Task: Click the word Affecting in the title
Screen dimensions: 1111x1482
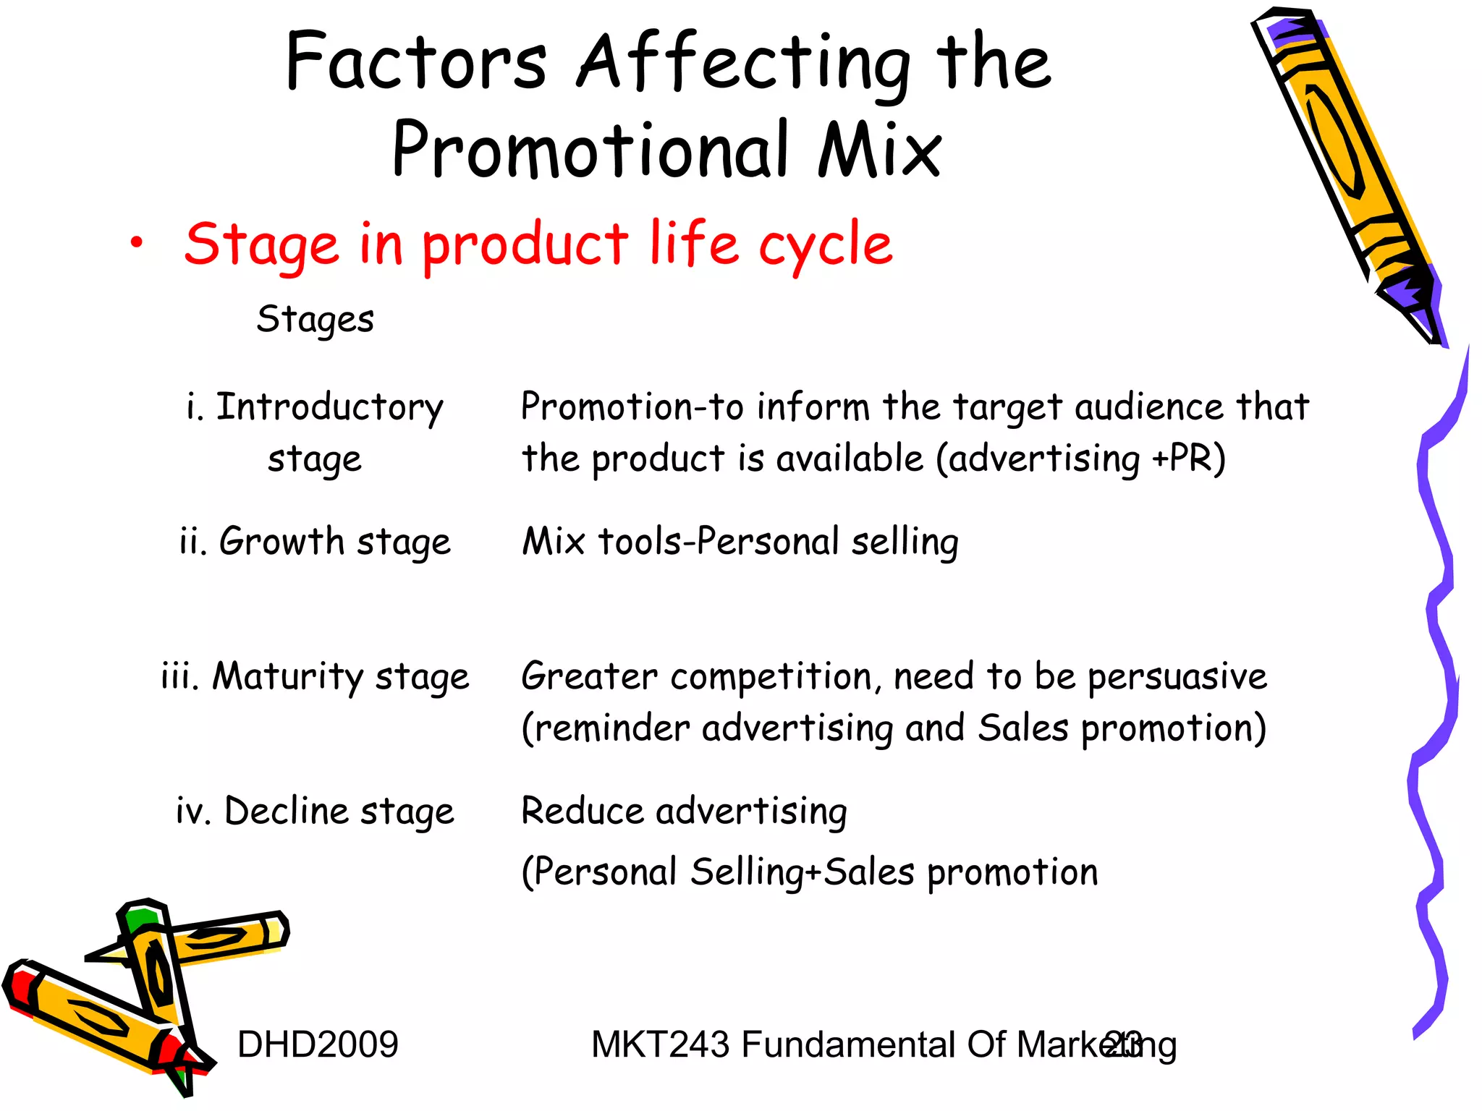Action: click(744, 64)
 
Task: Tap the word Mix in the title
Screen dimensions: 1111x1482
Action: click(880, 150)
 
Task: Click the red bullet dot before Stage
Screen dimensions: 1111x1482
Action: click(136, 243)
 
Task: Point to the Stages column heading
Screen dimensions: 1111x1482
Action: click(315, 320)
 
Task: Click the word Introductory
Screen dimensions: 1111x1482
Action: click(329, 407)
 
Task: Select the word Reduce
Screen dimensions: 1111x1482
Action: click(581, 812)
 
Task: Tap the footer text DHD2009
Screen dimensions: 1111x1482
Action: click(318, 1044)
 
